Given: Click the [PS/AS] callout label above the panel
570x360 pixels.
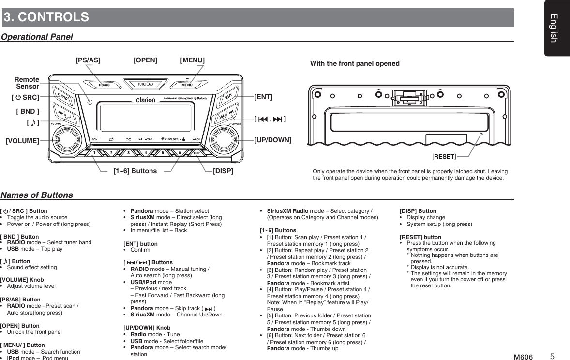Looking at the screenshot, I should pos(88,60).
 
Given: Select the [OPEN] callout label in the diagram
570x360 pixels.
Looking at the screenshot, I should pos(145,60).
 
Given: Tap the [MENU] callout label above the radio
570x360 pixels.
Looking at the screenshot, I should pos(192,60).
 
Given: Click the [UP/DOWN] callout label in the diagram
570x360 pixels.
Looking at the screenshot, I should pos(273,140).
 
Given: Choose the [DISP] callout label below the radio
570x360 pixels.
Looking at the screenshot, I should pos(223,171).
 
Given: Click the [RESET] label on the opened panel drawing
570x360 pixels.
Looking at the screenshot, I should pos(444,156).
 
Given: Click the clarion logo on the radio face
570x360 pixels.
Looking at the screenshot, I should pos(146,100).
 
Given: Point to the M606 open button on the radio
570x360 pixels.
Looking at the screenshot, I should pos(146,84).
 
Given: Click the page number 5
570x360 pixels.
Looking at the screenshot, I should pos(552,357).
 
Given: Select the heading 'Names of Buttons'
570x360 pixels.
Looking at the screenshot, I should pos(37,195).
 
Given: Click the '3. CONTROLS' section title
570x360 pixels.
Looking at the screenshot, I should pos(46,17).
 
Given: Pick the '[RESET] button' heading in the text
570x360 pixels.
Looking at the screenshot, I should pos(420,237).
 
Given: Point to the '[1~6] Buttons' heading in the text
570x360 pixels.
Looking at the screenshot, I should pos(278,230).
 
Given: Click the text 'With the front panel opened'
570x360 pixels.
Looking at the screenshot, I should pos(355,64).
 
